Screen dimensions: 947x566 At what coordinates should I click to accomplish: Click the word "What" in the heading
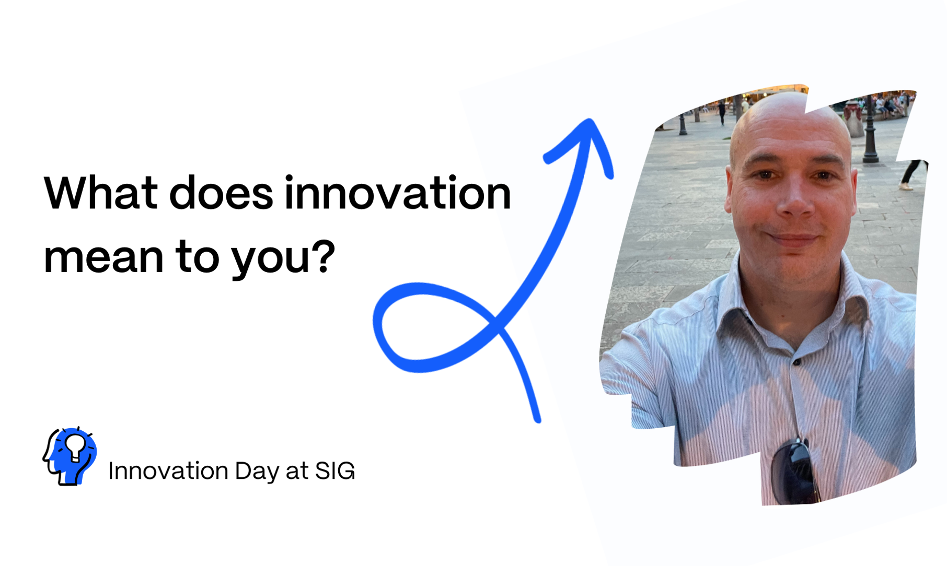tap(101, 193)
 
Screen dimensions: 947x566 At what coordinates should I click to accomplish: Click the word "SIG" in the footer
tap(335, 470)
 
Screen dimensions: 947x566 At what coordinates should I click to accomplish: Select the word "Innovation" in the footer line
tap(168, 470)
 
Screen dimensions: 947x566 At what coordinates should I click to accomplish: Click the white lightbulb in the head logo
tap(74, 446)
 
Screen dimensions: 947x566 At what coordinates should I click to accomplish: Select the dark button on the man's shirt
tap(796, 361)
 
